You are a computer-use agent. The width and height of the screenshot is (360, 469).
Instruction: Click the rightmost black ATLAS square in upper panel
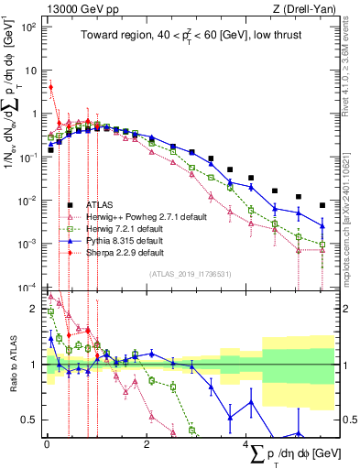click(x=322, y=206)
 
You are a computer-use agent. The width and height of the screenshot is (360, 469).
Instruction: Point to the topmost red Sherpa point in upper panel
click(x=51, y=88)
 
